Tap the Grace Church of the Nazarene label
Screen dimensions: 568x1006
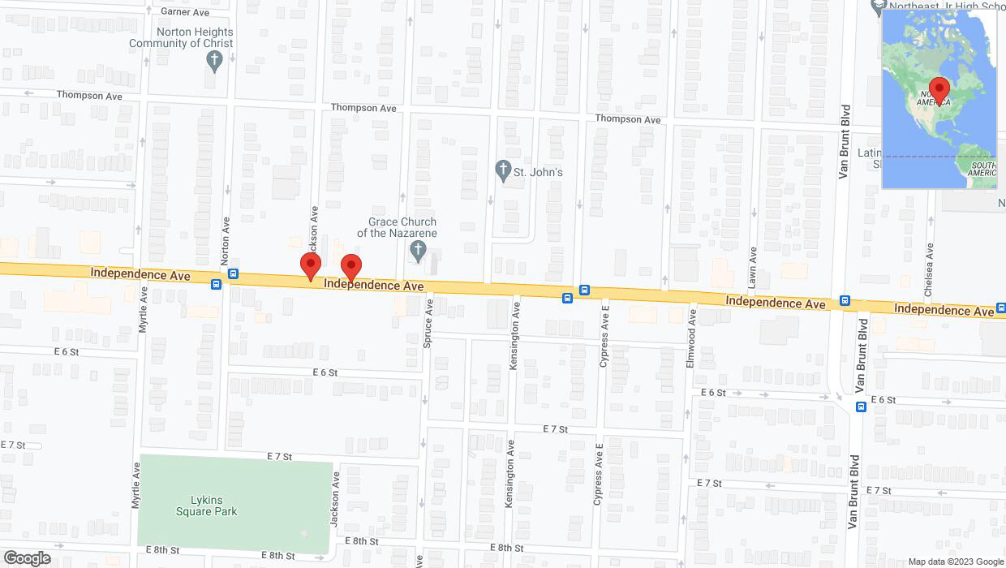coord(402,227)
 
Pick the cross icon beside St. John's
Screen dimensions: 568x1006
coord(503,171)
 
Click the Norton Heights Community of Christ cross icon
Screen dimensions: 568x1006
coord(214,59)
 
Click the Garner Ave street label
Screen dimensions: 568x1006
coord(185,11)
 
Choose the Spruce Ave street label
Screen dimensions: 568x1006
coord(428,323)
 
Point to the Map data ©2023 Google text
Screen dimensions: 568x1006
coord(955,562)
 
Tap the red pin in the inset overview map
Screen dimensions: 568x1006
coord(939,89)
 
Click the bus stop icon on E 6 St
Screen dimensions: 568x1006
coord(861,407)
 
